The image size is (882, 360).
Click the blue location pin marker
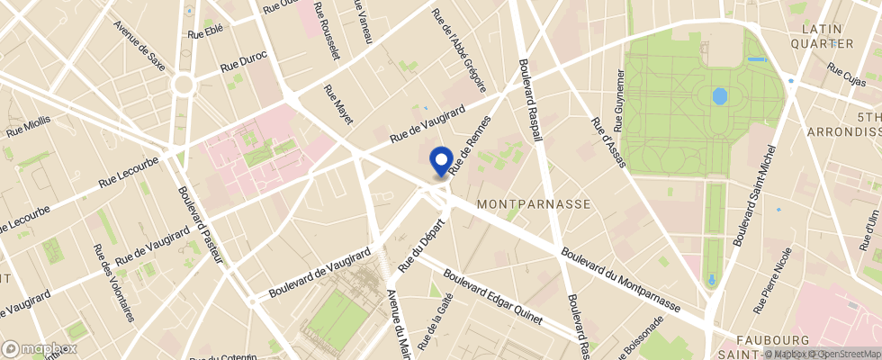tap(441, 160)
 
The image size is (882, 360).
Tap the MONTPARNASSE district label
tap(534, 204)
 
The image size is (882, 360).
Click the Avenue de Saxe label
tap(139, 44)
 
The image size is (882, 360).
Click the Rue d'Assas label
tap(607, 136)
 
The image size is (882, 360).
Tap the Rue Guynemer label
tap(619, 100)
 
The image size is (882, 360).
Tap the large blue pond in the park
tap(719, 95)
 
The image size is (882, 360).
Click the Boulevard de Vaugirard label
tap(319, 274)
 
